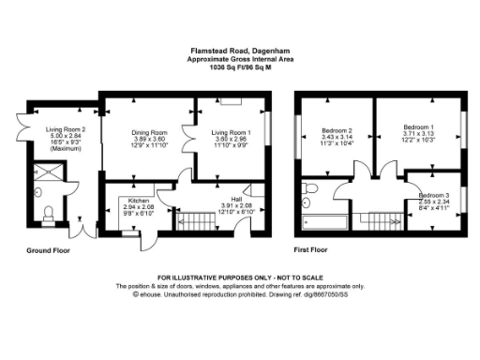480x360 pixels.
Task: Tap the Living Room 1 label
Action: coord(228,133)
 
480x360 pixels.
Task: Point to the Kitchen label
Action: coord(126,201)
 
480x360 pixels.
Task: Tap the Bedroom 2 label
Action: coord(337,129)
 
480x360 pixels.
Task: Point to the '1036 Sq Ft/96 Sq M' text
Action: coord(239,67)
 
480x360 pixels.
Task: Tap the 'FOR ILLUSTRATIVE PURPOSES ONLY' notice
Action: coord(239,278)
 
